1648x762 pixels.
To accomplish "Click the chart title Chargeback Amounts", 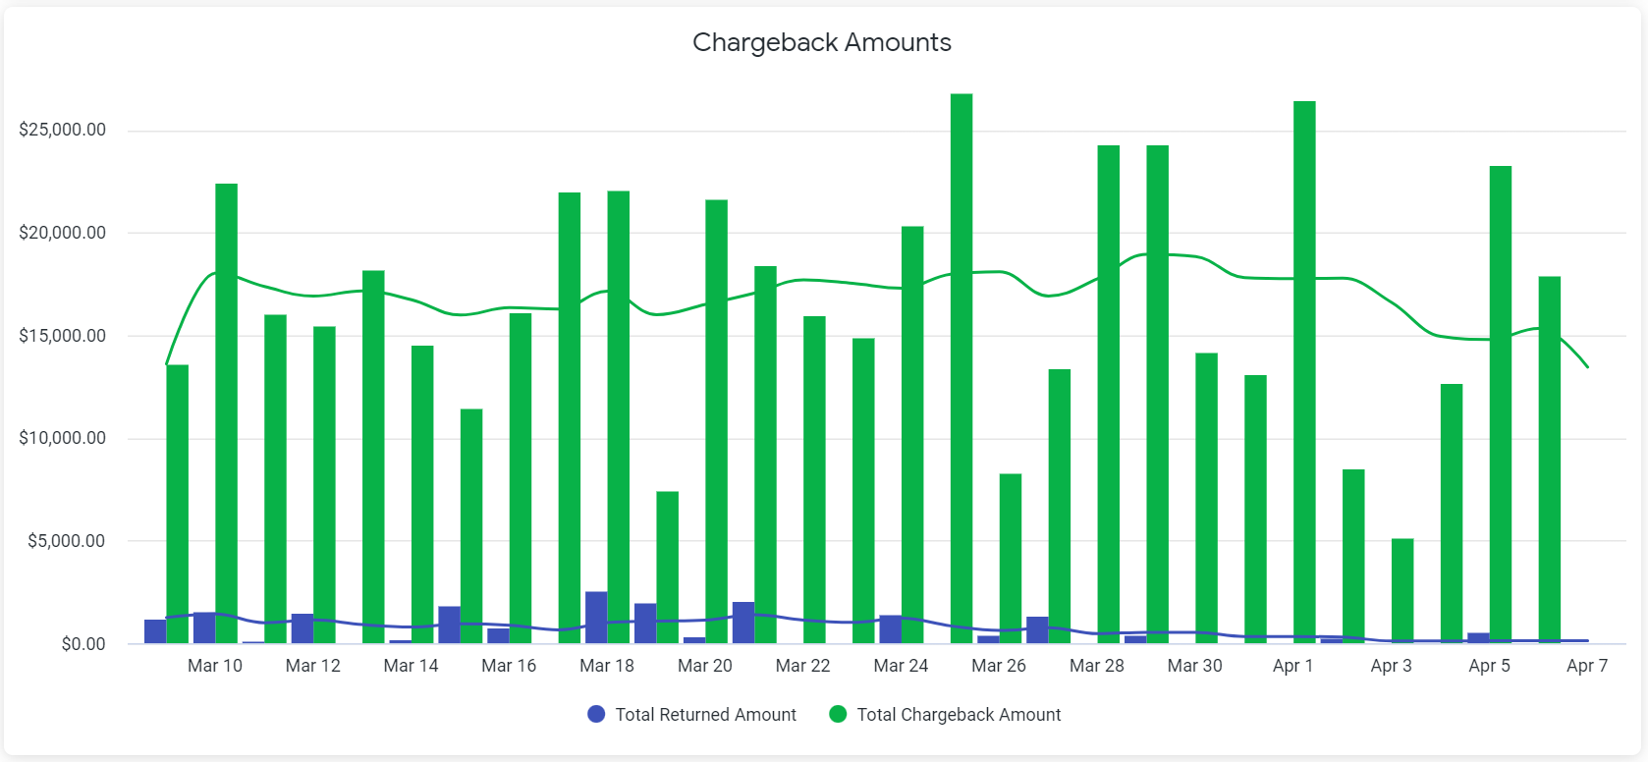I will [x=821, y=42].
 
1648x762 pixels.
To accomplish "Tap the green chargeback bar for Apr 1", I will [x=1304, y=372].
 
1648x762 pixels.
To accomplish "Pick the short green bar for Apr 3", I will [x=1402, y=590].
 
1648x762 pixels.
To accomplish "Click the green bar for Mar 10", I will [x=226, y=413].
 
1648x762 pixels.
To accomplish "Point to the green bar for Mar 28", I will [x=1109, y=394].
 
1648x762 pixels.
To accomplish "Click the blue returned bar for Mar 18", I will [x=596, y=618].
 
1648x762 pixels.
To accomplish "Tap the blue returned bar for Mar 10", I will [x=204, y=627].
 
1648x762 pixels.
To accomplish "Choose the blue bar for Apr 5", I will [x=1478, y=638].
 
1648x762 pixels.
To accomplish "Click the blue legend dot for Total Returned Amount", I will [x=596, y=714].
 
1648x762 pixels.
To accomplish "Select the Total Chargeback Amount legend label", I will [x=959, y=715].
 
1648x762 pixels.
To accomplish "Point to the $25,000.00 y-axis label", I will [x=62, y=130].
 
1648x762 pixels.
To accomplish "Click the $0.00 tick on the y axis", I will [x=83, y=644].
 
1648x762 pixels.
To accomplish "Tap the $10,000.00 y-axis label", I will [x=62, y=438].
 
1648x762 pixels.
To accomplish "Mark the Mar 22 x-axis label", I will [x=802, y=666].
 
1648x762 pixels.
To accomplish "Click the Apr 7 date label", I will [x=1586, y=666].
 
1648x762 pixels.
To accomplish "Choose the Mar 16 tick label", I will [x=509, y=666].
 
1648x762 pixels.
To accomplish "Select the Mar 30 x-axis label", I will [x=1194, y=666].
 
